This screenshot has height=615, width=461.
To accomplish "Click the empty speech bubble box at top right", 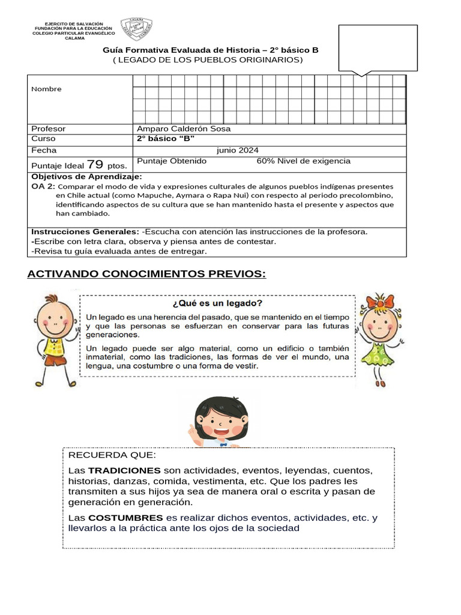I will click(378, 48).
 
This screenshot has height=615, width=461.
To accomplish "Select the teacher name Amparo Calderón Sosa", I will click(184, 129).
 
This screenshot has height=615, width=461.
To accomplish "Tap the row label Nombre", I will click(46, 89).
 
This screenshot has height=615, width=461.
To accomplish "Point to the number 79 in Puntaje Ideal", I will click(95, 164).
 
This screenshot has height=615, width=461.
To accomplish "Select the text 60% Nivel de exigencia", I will click(303, 161).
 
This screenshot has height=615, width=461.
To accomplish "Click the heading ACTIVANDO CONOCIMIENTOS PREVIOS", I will click(146, 274).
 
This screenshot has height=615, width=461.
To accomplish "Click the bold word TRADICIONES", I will click(124, 470).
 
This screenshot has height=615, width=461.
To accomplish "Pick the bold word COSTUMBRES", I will click(125, 517).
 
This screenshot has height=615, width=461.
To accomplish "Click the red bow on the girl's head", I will click(381, 301).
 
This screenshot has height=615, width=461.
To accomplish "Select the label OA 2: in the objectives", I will click(43, 187).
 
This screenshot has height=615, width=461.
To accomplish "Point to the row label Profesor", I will click(49, 129).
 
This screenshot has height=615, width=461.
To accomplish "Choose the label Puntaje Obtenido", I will click(172, 161).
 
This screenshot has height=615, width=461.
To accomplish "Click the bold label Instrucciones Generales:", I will click(85, 231).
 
